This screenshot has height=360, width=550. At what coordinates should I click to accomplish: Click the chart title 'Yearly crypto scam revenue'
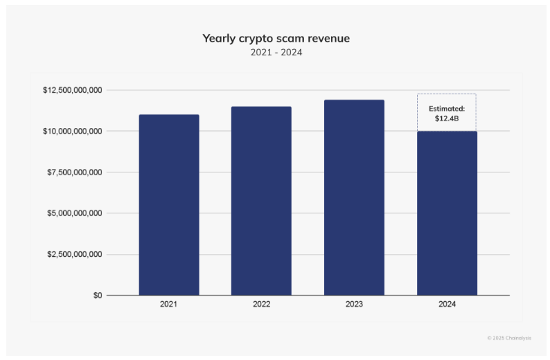click(x=276, y=38)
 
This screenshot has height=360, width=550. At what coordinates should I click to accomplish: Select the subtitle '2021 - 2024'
click(x=276, y=53)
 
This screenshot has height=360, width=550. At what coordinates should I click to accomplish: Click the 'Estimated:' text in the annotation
click(x=447, y=109)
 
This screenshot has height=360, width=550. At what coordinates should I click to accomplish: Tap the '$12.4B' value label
click(x=447, y=118)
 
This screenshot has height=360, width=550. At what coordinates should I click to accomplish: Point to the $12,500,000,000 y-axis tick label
click(x=73, y=90)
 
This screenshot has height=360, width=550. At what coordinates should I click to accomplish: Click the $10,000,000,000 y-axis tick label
click(x=73, y=131)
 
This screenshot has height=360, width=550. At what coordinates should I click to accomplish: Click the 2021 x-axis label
click(x=169, y=304)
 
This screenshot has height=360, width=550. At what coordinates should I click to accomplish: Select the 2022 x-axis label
click(x=261, y=304)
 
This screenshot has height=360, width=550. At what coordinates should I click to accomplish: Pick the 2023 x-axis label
click(x=354, y=304)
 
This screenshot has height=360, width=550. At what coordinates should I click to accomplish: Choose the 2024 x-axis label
click(x=447, y=304)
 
